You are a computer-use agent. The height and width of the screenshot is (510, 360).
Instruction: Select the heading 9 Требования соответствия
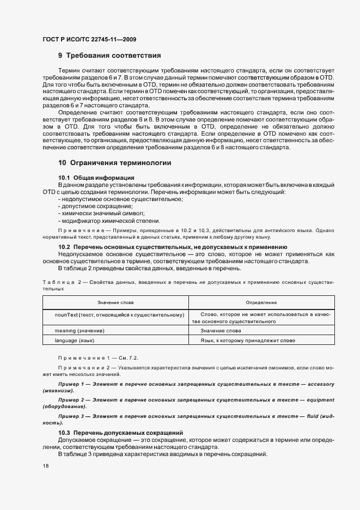[109, 56]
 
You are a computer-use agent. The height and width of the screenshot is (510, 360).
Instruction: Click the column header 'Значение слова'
[115, 302]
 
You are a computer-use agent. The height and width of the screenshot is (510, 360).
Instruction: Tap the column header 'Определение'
[261, 302]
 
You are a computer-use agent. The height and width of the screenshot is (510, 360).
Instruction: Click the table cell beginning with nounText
[119, 315]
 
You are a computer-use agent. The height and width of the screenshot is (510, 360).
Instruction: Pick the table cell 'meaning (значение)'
[80, 331]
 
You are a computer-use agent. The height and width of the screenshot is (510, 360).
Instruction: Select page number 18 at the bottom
[46, 466]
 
